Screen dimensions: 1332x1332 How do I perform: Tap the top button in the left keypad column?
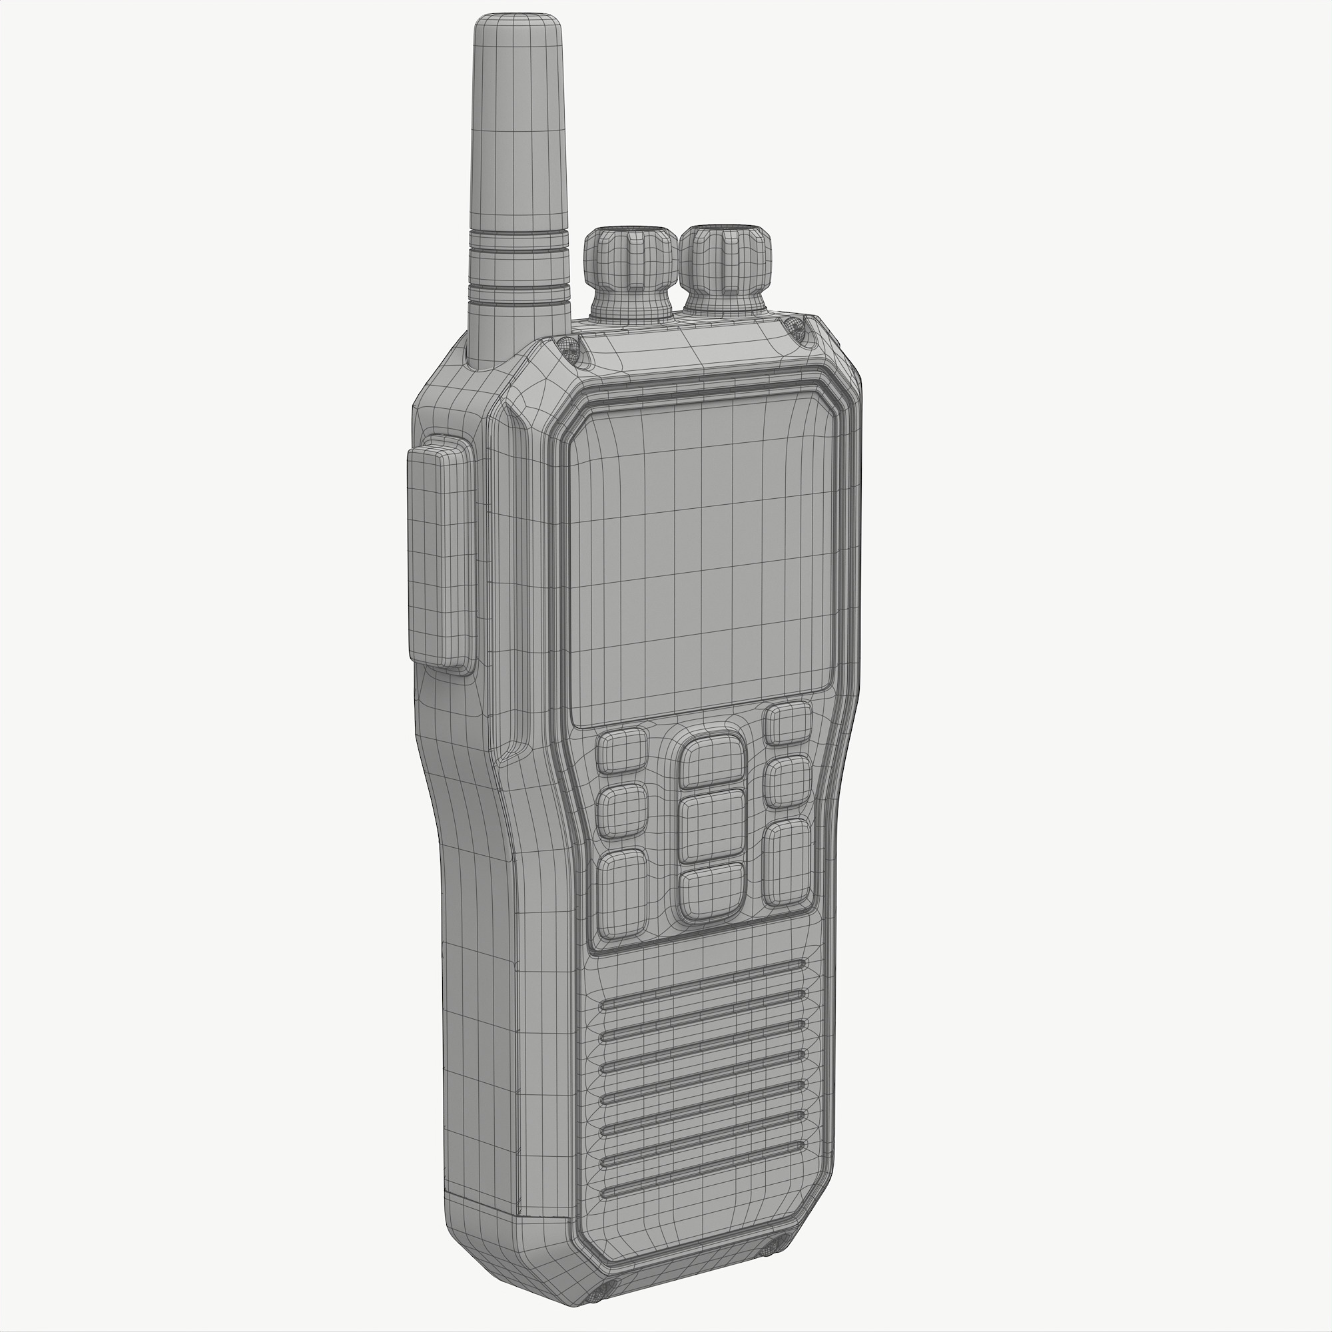623,751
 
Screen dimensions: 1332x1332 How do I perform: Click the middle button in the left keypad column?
623,811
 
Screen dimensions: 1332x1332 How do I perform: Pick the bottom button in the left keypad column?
623,895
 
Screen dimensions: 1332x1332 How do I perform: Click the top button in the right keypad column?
788,724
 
